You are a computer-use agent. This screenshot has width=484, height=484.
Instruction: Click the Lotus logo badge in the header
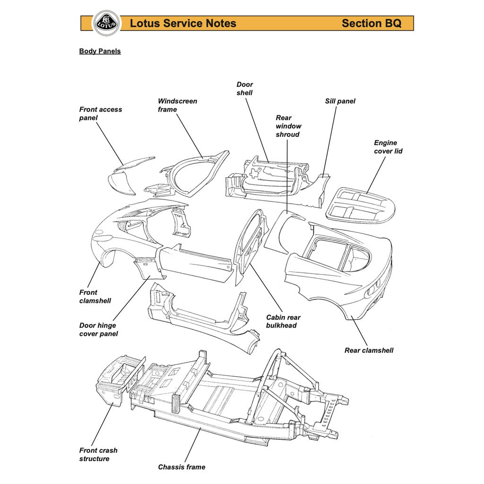(x=106, y=23)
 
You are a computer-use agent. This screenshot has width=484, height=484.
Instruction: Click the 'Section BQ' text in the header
(x=371, y=23)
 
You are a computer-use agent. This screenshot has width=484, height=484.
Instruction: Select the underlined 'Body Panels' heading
(x=100, y=51)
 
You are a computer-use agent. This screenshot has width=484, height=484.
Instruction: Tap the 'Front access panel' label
(x=100, y=113)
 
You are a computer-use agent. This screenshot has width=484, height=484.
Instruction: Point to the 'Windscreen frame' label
(x=177, y=105)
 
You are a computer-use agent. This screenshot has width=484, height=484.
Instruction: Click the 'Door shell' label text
(x=244, y=89)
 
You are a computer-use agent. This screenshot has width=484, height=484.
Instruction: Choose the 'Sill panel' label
(x=340, y=101)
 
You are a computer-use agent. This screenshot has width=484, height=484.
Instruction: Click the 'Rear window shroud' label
(x=288, y=126)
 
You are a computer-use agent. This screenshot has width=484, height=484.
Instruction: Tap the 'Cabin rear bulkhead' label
(x=283, y=321)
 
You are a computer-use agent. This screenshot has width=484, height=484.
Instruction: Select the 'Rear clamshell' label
(x=369, y=350)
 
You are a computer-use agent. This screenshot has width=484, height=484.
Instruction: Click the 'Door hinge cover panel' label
(x=98, y=329)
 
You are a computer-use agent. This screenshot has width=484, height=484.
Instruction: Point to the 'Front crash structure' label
(x=98, y=454)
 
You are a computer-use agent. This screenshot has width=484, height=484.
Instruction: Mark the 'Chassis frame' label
(x=181, y=467)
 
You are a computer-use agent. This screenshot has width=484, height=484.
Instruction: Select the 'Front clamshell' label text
(x=95, y=296)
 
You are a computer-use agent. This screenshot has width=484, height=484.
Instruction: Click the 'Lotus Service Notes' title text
(x=183, y=23)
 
